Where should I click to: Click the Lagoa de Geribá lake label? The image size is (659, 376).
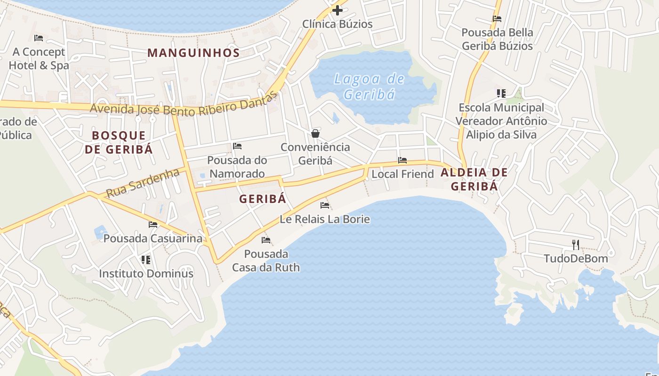tap(369, 86)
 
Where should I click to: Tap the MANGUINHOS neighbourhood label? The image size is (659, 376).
tap(193, 53)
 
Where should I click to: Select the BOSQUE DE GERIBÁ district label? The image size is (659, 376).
tap(119, 142)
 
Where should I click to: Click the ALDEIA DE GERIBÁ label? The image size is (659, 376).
tap(474, 179)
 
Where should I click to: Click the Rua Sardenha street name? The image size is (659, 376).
tap(143, 183)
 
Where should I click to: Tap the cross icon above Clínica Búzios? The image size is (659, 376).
tap(337, 10)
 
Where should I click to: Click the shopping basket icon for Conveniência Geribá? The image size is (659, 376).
tap(315, 133)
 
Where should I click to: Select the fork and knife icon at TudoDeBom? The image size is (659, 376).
tap(575, 244)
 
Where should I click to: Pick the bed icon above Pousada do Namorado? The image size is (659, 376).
tap(237, 146)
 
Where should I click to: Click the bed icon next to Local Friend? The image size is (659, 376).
tap(402, 160)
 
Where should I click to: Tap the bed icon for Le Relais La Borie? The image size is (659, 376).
tap(324, 205)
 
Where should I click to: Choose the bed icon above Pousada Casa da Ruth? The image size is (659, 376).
tap(266, 240)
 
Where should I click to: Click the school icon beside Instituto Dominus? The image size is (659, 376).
tap(146, 259)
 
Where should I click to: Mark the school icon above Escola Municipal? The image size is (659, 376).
tap(501, 94)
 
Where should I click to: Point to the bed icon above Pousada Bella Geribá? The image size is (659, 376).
tap(497, 19)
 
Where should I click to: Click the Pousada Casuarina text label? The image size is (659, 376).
tap(153, 238)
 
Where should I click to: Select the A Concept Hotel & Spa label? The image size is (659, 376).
tap(39, 58)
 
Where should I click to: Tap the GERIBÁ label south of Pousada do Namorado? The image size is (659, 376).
tap(262, 199)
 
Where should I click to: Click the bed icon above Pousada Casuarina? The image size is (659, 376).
tap(153, 224)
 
